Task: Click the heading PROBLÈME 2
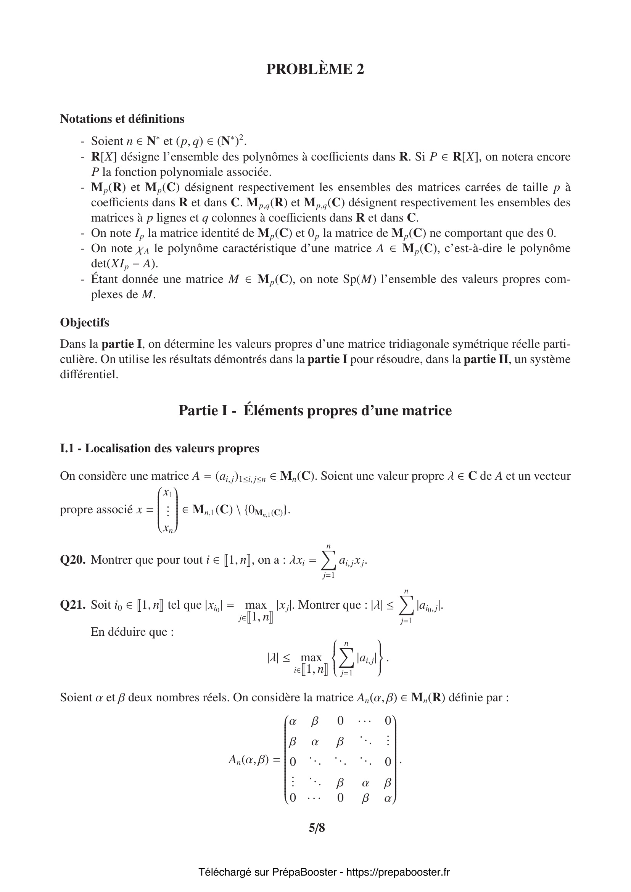(315, 69)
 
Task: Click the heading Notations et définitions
(122, 119)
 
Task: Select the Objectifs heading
(84, 323)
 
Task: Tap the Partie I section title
(315, 411)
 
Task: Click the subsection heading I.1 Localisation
(159, 448)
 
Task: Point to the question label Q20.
(72, 560)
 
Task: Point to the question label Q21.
(72, 605)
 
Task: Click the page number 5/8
(317, 828)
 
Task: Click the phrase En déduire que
(132, 632)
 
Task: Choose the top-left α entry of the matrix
(293, 722)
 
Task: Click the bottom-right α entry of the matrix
(387, 798)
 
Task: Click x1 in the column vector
(168, 493)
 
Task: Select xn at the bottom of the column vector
(168, 528)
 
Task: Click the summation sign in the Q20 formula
(328, 560)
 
